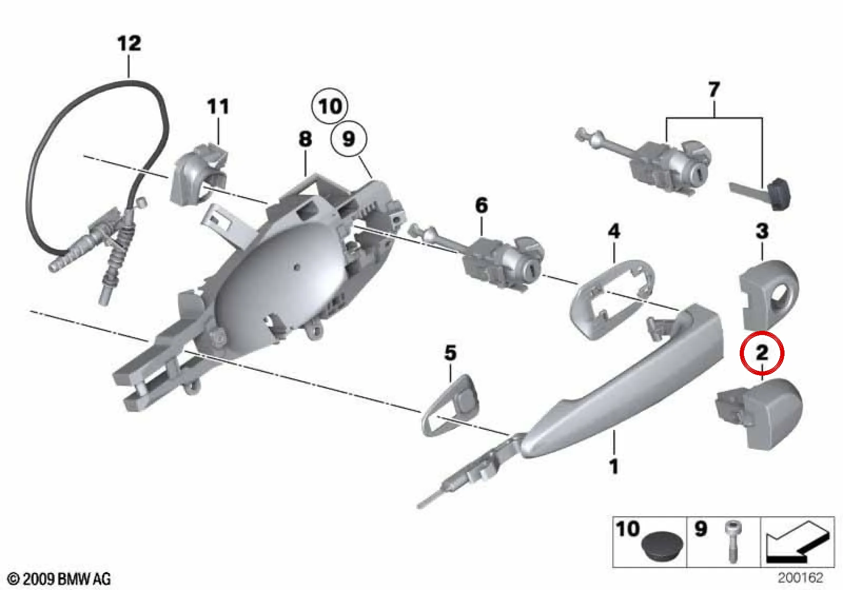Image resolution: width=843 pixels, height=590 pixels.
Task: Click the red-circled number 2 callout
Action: tap(762, 353)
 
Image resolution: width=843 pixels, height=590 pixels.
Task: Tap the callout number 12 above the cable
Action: tap(129, 43)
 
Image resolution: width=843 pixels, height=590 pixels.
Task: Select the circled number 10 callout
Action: tap(330, 106)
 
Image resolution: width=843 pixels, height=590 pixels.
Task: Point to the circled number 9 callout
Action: tap(348, 139)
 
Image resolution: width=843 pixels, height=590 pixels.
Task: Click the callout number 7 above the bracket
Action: tap(714, 90)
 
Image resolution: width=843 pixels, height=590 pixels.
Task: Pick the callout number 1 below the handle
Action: tap(614, 467)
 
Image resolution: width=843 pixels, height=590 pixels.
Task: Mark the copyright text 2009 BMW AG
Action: tap(60, 579)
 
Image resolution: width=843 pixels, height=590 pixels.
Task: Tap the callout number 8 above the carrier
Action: tap(305, 139)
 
